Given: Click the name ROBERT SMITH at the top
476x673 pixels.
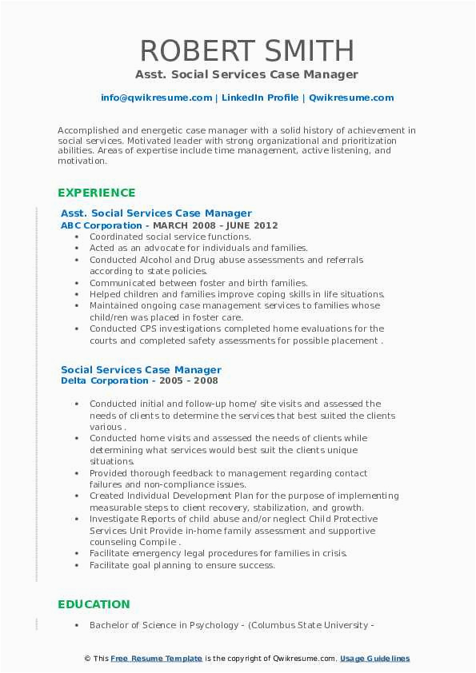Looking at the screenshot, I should [246, 50].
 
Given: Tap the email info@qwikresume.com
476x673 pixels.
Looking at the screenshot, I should [156, 98].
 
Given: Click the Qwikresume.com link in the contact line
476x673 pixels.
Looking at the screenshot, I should [351, 98].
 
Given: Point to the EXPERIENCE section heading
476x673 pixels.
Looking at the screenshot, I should [96, 193].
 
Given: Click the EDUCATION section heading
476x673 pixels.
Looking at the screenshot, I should [94, 604].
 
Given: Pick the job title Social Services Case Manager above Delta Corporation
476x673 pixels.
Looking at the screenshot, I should [141, 370].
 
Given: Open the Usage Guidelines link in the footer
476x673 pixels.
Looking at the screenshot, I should [374, 659].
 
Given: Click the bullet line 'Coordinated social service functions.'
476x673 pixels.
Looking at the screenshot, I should [170, 237].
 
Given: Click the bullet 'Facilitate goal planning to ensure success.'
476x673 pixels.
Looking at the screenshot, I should [182, 565].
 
